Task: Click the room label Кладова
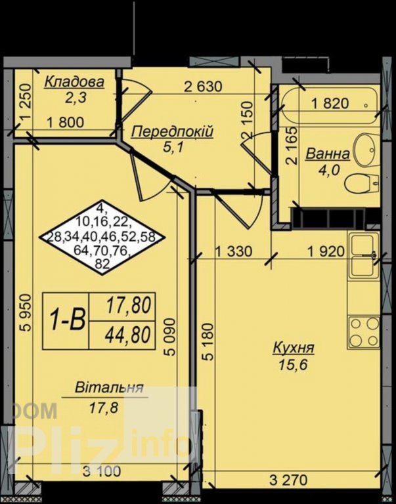tap(74, 82)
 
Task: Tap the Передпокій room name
tap(173, 132)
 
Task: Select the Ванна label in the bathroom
tap(328, 154)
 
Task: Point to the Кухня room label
tap(294, 348)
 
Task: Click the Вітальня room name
tap(109, 387)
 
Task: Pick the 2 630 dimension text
tap(203, 87)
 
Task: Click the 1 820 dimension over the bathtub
tap(330, 104)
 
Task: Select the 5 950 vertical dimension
tap(26, 312)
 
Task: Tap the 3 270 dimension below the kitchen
tap(288, 480)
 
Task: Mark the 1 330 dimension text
tap(233, 251)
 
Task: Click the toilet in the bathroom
tap(362, 184)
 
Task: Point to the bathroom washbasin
tap(366, 150)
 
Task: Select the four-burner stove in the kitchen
tap(364, 332)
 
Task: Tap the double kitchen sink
tap(364, 255)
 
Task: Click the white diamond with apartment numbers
tap(102, 237)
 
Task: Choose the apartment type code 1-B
tap(67, 320)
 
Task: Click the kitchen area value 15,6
tap(293, 364)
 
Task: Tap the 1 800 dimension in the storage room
tap(66, 123)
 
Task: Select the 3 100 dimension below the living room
tap(102, 471)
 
